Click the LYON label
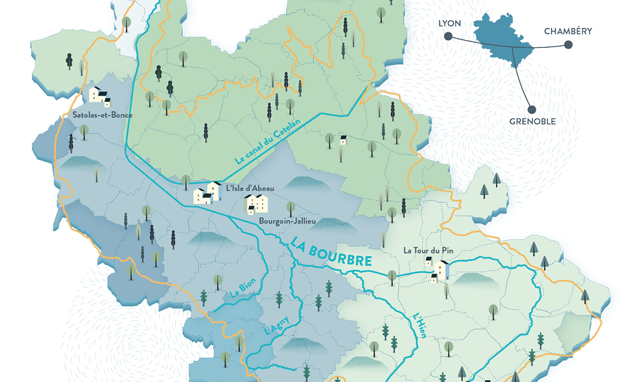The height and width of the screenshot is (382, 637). (x=449, y=24)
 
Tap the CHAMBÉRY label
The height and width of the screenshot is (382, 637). (x=568, y=31)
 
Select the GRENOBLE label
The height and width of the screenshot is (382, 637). (x=532, y=122)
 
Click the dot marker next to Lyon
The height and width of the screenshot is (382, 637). (x=449, y=38)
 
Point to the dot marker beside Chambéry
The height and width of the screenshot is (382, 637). (x=568, y=45)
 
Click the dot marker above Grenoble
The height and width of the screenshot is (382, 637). (x=531, y=109)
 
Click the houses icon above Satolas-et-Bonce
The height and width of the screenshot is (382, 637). (x=99, y=96)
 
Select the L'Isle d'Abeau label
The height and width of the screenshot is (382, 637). (x=245, y=187)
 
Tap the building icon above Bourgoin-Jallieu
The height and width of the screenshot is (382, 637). (x=257, y=204)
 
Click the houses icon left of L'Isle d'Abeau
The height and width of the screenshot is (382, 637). (x=206, y=192)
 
